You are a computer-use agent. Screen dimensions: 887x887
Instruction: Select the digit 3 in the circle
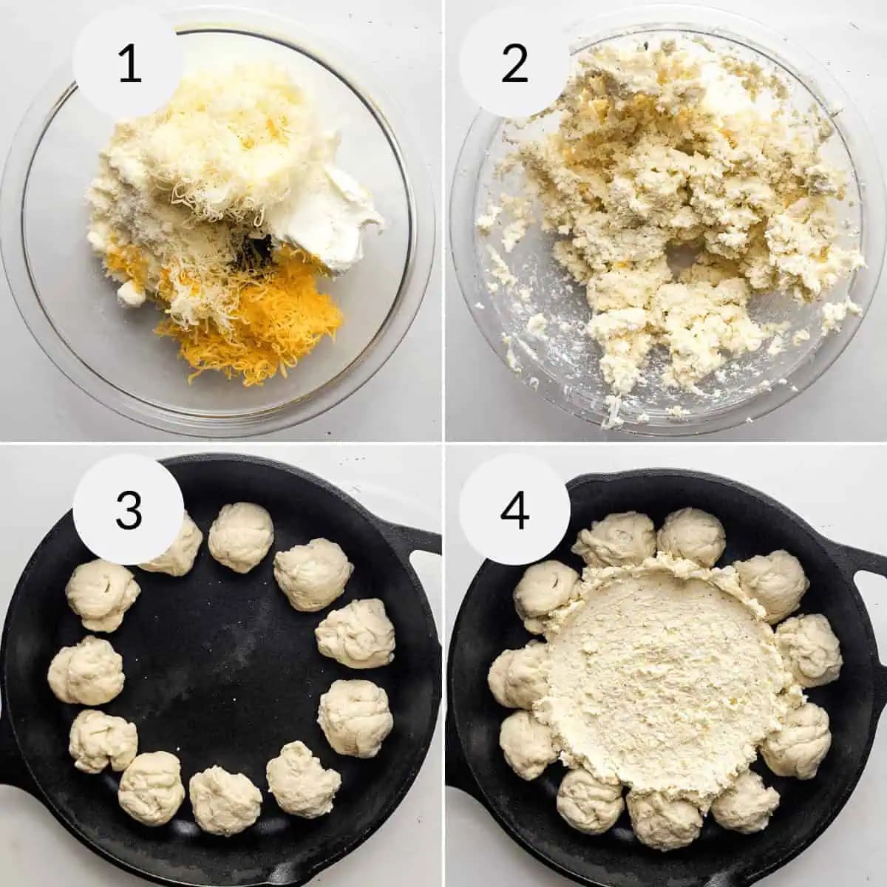click(x=129, y=510)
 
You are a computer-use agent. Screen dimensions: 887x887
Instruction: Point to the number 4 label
click(x=514, y=510)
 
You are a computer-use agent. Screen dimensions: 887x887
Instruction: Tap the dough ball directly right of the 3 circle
click(x=241, y=536)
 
